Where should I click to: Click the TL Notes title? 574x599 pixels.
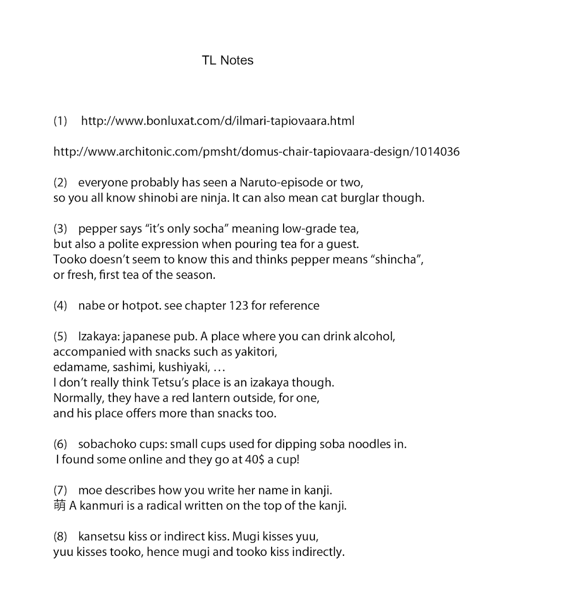pyautogui.click(x=227, y=60)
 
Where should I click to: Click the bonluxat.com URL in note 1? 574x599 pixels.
pyautogui.click(x=218, y=121)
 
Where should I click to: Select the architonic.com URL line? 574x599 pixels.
pyautogui.click(x=256, y=152)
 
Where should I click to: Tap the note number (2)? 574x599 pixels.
pyautogui.click(x=60, y=182)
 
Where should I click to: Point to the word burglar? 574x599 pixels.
pyautogui.click(x=359, y=198)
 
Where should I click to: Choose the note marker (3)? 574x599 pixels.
pyautogui.click(x=60, y=229)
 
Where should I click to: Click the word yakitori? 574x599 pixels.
pyautogui.click(x=256, y=352)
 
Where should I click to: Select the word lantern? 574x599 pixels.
pyautogui.click(x=210, y=398)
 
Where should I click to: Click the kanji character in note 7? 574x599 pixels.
pyautogui.click(x=59, y=506)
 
